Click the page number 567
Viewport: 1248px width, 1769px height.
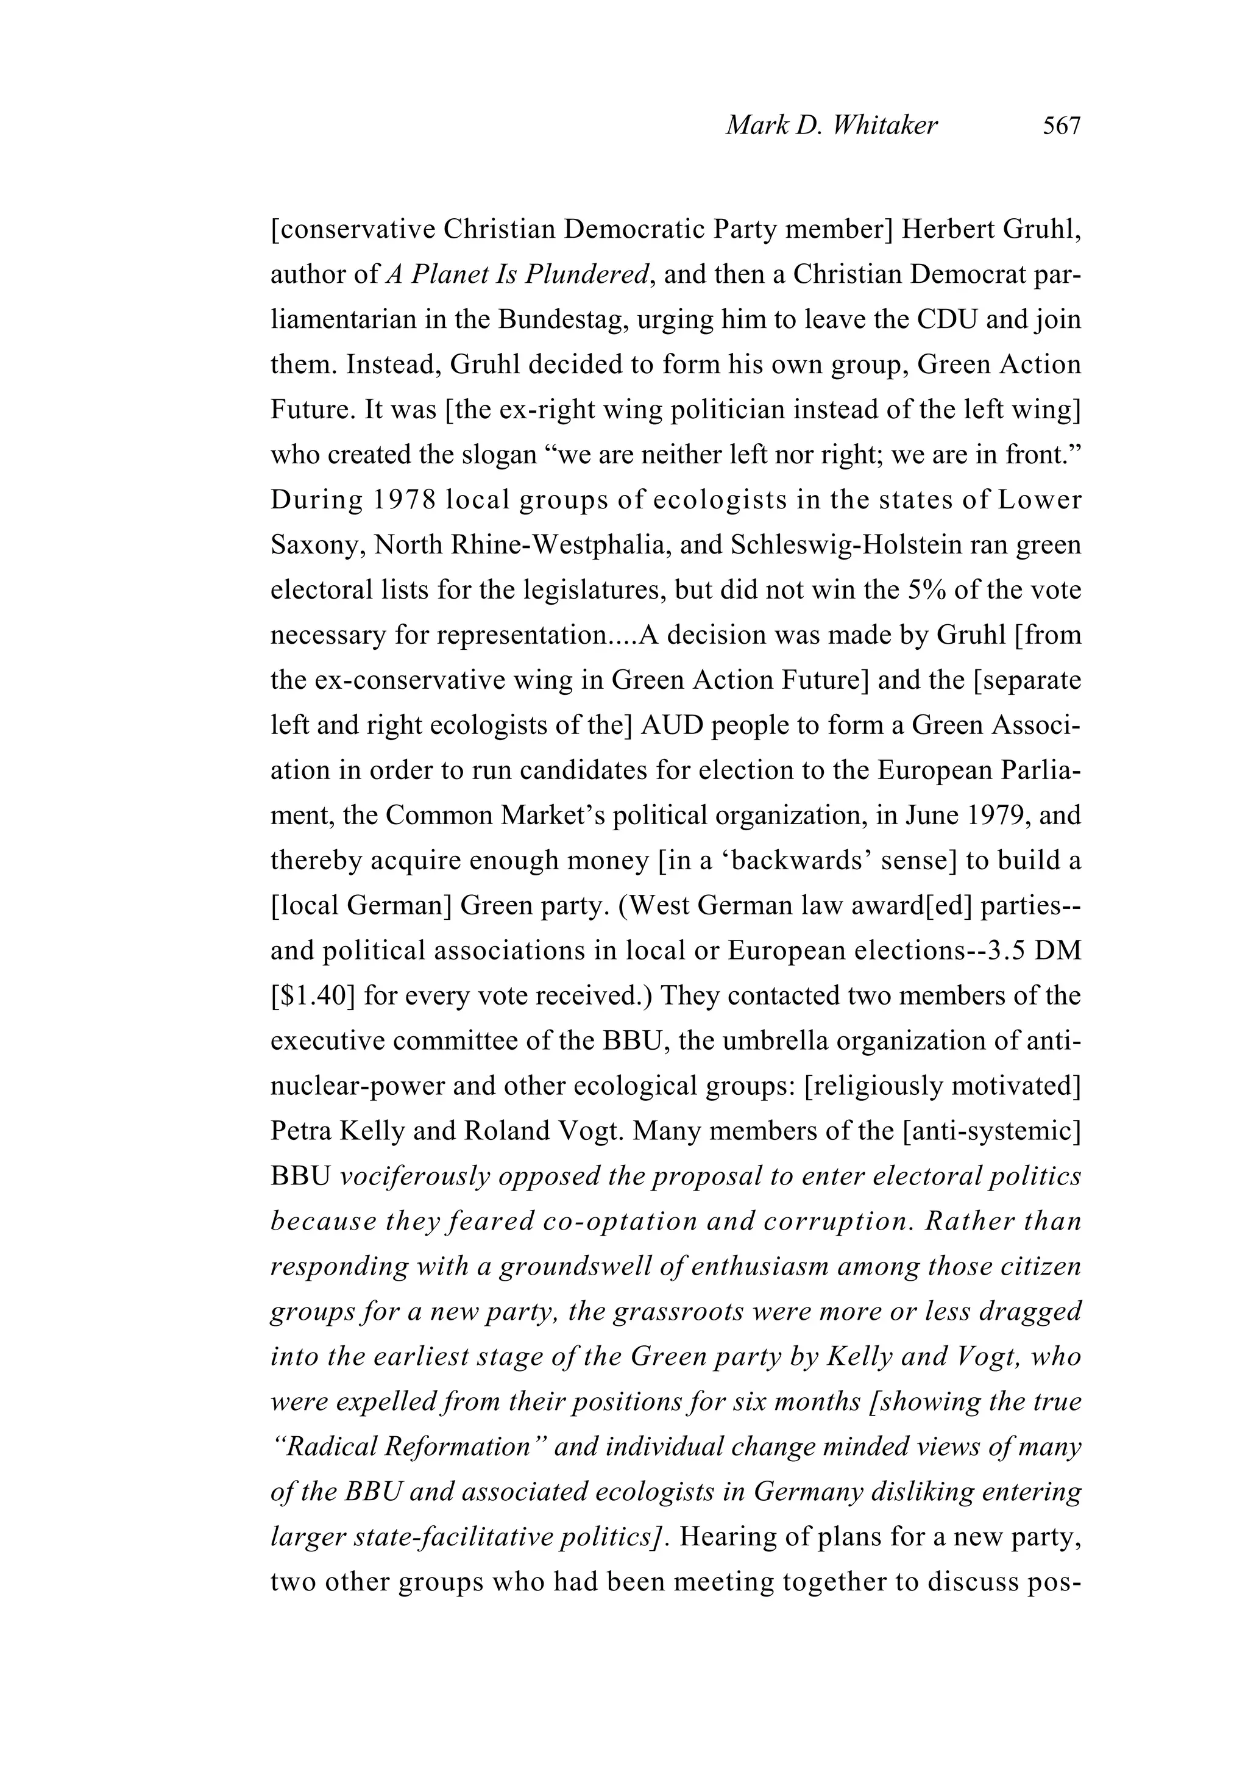1062,126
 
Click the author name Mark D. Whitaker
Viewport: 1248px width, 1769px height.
831,126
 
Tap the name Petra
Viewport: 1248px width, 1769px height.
300,1131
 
